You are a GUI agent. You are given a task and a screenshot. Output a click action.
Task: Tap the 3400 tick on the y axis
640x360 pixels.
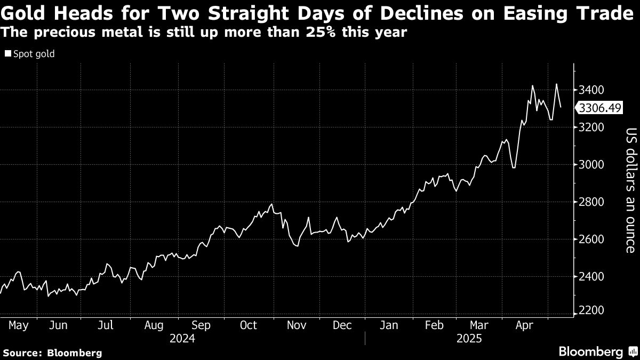coord(591,90)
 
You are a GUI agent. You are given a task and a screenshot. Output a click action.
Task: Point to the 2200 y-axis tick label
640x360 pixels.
coord(591,311)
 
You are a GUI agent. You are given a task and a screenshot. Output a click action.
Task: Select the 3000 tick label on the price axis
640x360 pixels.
coord(591,164)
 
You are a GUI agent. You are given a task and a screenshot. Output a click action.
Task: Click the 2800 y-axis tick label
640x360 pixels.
coord(591,202)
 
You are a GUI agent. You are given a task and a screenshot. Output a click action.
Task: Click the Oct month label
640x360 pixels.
coord(249,325)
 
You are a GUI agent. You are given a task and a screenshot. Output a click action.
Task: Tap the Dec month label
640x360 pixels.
coord(342,325)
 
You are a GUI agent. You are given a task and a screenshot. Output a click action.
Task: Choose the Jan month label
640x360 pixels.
coord(388,325)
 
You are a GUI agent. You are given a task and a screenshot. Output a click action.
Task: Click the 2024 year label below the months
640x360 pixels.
coord(182,339)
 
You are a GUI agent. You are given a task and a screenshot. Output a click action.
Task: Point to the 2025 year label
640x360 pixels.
coord(469,339)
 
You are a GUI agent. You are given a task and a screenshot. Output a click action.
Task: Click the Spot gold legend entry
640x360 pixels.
coord(34,54)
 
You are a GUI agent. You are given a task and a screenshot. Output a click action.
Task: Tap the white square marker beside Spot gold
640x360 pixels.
coord(7,54)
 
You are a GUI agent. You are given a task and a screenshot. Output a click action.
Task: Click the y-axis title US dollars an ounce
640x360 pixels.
coord(631,190)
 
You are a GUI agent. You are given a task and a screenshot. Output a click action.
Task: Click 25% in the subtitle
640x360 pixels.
coord(318,32)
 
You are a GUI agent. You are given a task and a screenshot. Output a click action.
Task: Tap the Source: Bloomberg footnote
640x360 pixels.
coord(52,353)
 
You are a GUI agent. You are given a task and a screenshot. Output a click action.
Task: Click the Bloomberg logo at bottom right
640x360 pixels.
coord(597,351)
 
